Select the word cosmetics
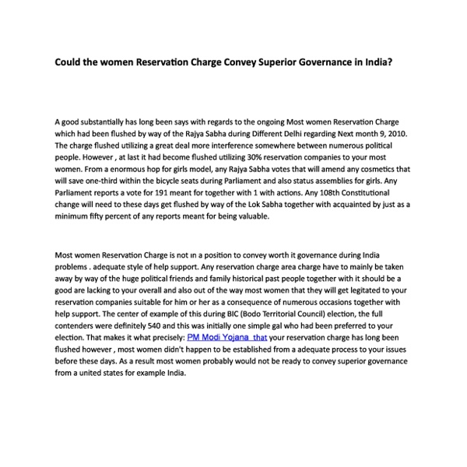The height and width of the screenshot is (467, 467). [370, 168]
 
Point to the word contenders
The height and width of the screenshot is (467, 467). [79, 327]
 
